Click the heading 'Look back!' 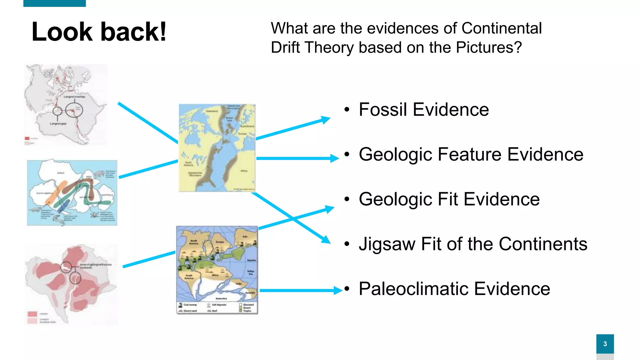(x=99, y=32)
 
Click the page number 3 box (x=605, y=344)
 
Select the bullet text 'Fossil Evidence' (x=423, y=110)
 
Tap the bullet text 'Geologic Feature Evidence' (x=471, y=154)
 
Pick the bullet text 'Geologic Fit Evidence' (x=449, y=199)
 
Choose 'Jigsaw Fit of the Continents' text (x=473, y=244)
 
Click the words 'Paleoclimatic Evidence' (x=454, y=289)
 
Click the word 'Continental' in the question (x=501, y=28)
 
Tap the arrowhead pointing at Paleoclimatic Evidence (x=338, y=290)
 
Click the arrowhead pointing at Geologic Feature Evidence (x=335, y=158)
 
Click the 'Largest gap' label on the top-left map (x=58, y=124)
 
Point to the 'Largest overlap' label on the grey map (x=74, y=97)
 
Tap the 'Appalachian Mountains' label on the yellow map (x=195, y=174)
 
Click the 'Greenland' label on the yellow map (x=212, y=111)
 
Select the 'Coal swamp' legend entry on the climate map (x=188, y=305)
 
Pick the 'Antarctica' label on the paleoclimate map (x=221, y=298)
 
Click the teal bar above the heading (x=54, y=3)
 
